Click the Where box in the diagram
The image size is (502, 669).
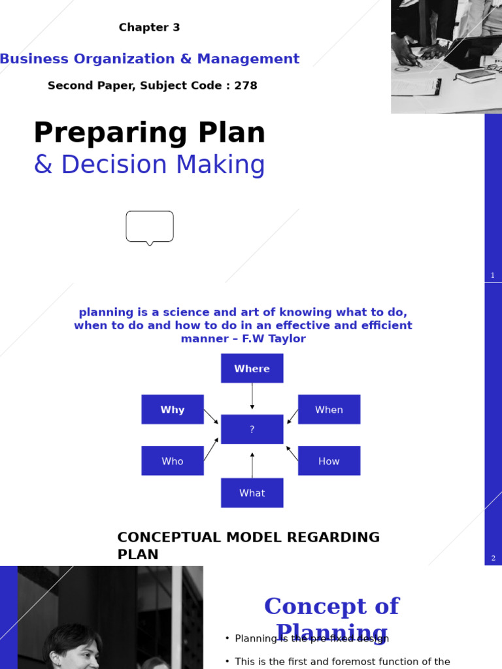click(252, 368)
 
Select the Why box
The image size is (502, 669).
click(173, 410)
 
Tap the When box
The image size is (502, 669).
click(329, 410)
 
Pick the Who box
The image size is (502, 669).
click(173, 461)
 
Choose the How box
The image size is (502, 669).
click(329, 461)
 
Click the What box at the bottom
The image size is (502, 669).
click(252, 493)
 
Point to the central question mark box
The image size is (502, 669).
click(252, 429)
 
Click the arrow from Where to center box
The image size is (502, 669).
click(252, 397)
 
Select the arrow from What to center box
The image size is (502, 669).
click(252, 465)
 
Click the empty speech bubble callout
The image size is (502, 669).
click(150, 226)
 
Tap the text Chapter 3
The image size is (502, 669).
click(149, 27)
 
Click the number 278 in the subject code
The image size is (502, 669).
click(246, 86)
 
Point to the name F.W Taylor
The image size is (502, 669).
click(274, 339)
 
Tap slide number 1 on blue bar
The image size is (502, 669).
click(493, 276)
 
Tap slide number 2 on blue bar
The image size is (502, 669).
click(493, 559)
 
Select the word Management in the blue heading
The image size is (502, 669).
click(248, 59)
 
